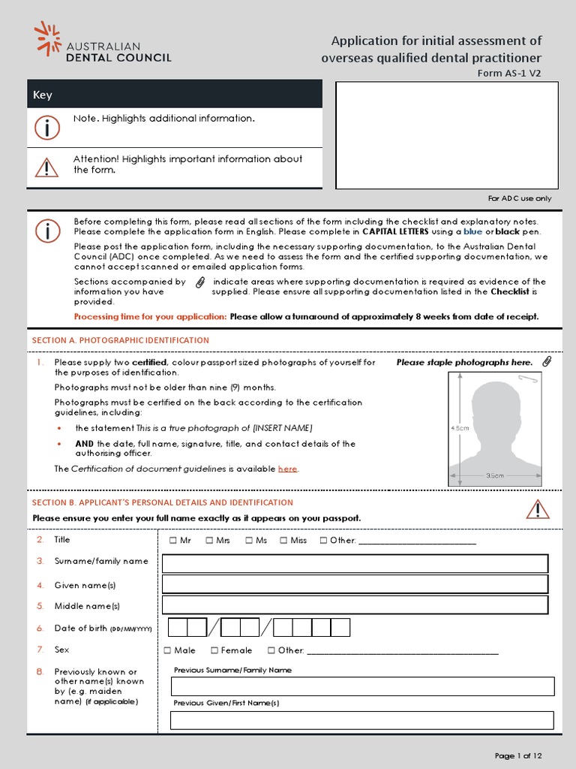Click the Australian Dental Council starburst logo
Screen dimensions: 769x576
[x=47, y=38]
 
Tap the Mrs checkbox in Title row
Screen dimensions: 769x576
[x=209, y=540]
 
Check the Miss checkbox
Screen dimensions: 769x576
[x=284, y=540]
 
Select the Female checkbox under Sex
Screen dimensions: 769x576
[x=214, y=650]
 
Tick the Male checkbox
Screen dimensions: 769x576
[x=168, y=650]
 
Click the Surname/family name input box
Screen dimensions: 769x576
[x=355, y=563]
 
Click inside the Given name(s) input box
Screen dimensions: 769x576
[x=355, y=584]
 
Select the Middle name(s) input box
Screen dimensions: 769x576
[x=355, y=605]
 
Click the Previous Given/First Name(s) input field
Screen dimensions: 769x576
[x=361, y=720]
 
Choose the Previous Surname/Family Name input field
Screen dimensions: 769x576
[x=361, y=686]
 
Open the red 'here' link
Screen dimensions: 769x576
[x=287, y=469]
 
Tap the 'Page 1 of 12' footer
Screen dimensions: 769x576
[x=517, y=755]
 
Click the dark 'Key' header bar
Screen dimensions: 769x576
[x=175, y=95]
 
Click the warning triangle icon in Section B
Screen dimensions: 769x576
[x=537, y=509]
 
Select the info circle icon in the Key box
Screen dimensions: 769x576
[x=46, y=128]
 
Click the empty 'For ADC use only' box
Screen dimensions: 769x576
[x=446, y=135]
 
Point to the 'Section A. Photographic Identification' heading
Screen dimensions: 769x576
[x=120, y=340]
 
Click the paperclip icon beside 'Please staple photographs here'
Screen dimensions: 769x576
[x=547, y=362]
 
